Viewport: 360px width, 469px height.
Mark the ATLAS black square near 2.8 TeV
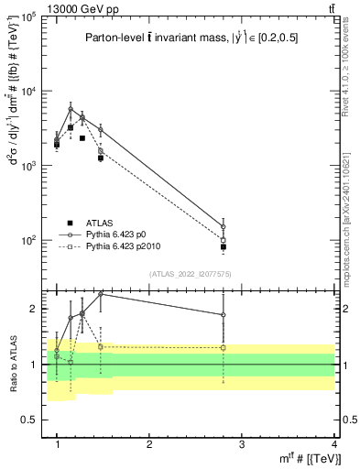(224, 246)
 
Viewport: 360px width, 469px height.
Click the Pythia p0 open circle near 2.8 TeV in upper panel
(224, 226)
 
